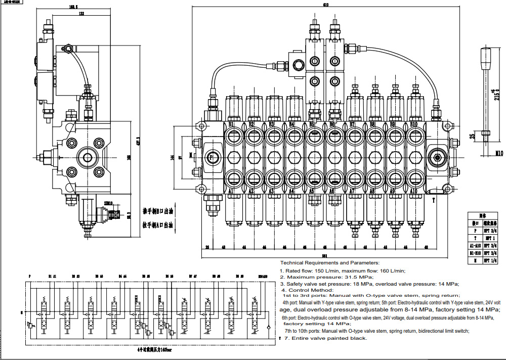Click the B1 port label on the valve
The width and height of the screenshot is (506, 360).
coord(231,124)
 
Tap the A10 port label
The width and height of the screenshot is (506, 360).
coord(413,192)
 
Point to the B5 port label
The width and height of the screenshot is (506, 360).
coord(312,124)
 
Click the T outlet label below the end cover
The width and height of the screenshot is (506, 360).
coord(434,200)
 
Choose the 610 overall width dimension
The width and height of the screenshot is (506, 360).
coord(325,5)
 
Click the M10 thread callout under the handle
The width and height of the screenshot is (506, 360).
coord(486,152)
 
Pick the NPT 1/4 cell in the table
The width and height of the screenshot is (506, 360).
coord(489,261)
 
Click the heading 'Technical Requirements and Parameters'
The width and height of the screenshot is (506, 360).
coord(329,263)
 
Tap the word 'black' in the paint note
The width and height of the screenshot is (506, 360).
coord(357,338)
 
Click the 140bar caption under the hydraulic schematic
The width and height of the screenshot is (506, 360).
coord(162,349)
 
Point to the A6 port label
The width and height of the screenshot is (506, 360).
coord(332,192)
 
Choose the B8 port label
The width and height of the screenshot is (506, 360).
coord(372,124)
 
